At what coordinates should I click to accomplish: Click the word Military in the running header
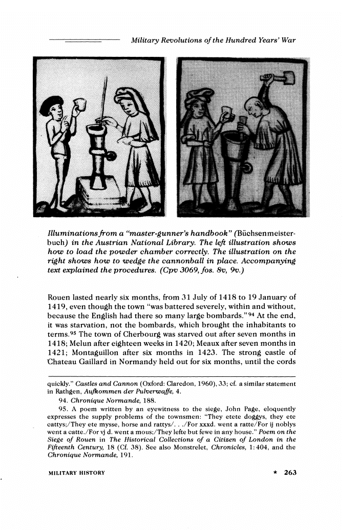point(146,40)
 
